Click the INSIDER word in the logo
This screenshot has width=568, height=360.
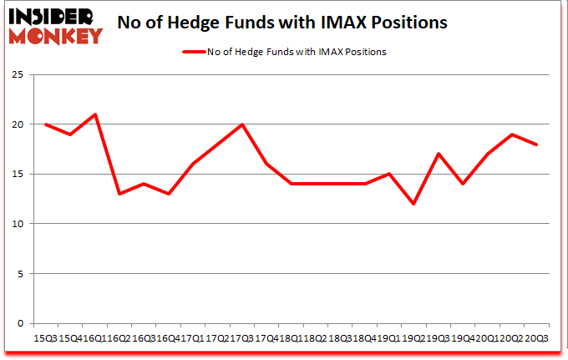(52, 16)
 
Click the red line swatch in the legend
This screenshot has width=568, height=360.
(193, 52)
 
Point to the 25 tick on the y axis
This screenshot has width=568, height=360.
(16, 75)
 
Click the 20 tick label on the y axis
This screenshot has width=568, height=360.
(16, 124)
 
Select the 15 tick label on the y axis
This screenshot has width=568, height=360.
(16, 175)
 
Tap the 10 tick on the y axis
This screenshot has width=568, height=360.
(16, 224)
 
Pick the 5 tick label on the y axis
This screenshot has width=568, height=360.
(18, 274)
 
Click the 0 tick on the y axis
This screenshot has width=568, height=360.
(18, 323)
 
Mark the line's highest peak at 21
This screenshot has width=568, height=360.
(95, 114)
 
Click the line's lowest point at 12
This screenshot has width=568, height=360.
(413, 204)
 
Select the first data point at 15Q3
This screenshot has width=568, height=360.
(47, 124)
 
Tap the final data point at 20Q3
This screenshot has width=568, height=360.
(535, 145)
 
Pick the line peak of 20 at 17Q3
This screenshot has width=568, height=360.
(242, 124)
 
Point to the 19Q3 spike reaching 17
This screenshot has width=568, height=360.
(438, 154)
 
